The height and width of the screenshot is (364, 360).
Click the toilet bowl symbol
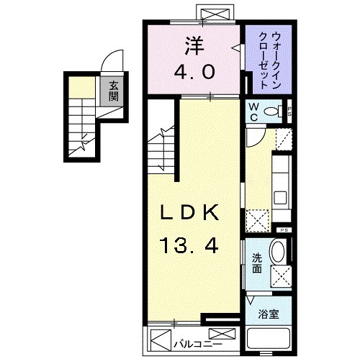(x=274, y=112)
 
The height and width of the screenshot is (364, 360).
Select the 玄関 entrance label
(x=114, y=92)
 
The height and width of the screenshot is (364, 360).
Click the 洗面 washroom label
(x=257, y=264)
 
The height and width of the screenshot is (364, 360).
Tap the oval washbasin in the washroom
(x=277, y=252)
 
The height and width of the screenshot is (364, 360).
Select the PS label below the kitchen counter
(x=284, y=229)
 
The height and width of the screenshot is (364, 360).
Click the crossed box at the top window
(x=214, y=14)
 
